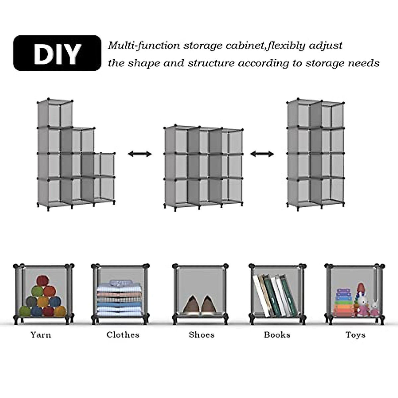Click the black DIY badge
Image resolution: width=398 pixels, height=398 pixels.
[x=57, y=53]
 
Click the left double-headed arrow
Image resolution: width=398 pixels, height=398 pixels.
[x=140, y=154]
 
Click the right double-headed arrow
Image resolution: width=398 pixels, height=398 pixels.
[x=262, y=154]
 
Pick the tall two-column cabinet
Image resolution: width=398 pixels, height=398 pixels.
[x=315, y=154]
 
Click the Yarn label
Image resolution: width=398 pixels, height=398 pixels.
[x=41, y=335]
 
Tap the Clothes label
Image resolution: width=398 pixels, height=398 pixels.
[x=123, y=335]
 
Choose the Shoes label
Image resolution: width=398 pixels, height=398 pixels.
[x=201, y=335]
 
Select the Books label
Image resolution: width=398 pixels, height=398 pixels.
[x=277, y=335]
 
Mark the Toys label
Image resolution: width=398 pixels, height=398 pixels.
[x=355, y=335]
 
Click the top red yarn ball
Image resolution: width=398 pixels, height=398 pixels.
[x=42, y=281]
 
